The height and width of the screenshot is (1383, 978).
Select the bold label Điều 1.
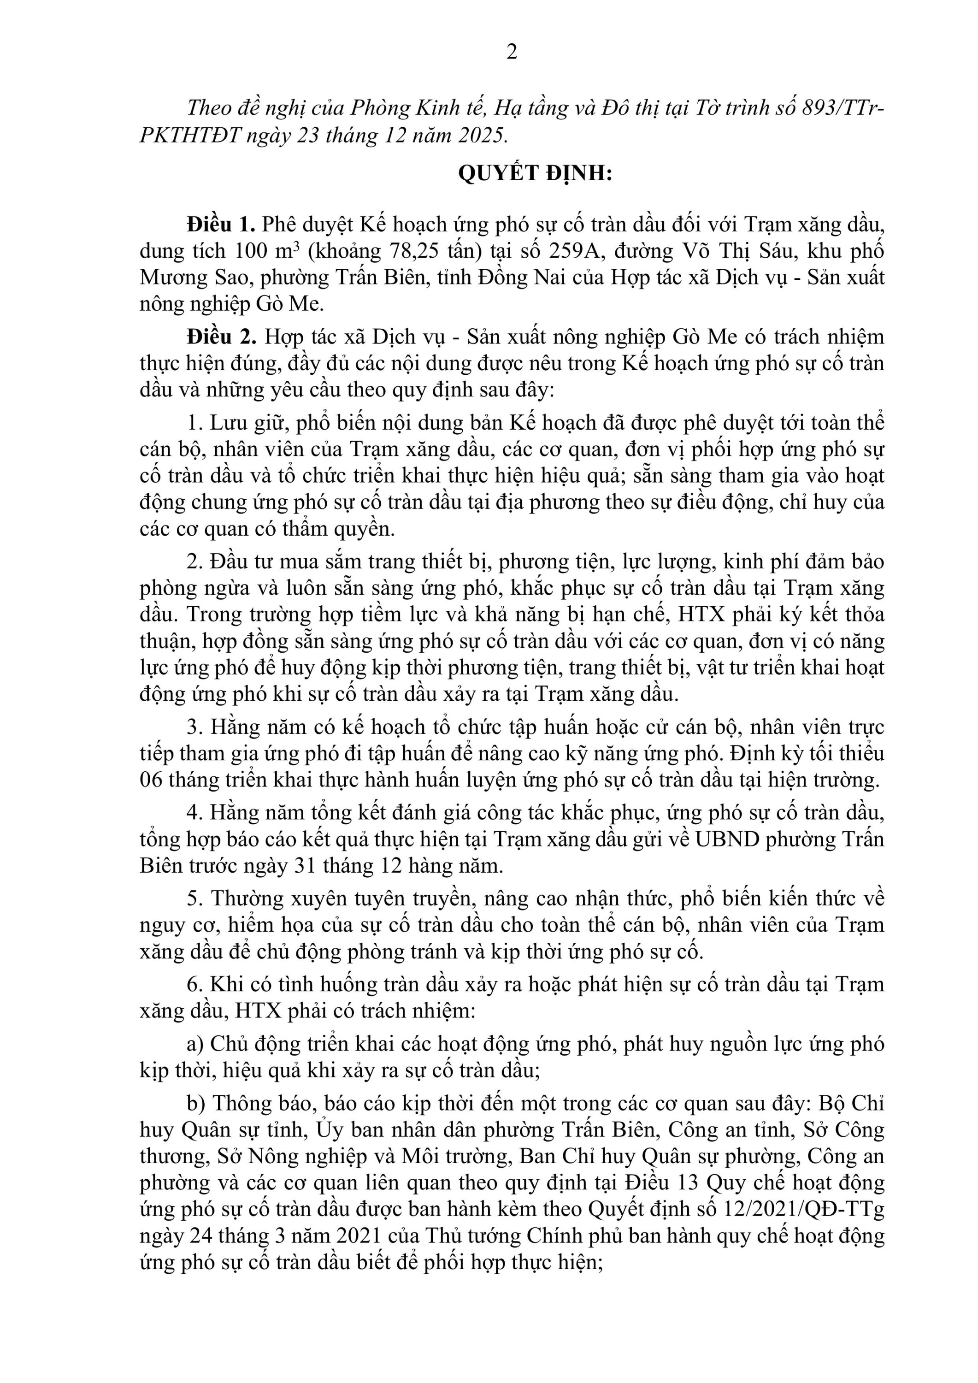[221, 225]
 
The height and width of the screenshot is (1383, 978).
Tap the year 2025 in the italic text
[481, 135]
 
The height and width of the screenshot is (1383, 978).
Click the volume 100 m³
[267, 251]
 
